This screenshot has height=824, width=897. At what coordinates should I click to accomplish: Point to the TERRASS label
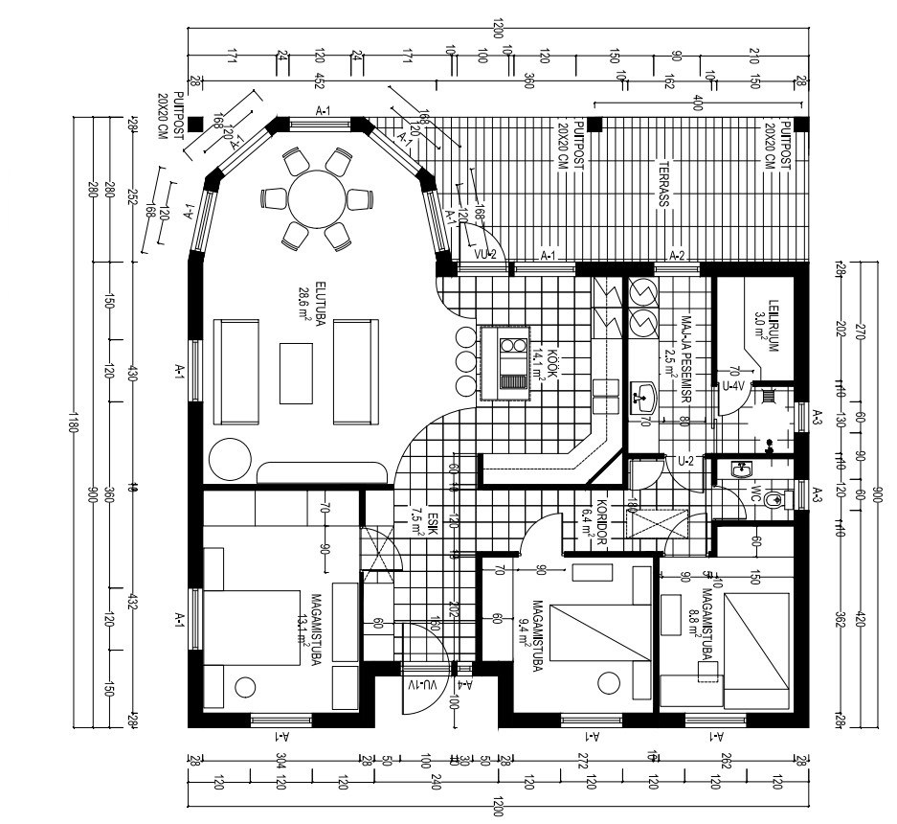[x=662, y=183]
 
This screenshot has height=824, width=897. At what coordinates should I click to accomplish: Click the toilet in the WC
[x=779, y=498]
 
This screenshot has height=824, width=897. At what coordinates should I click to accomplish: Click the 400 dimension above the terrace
[x=698, y=103]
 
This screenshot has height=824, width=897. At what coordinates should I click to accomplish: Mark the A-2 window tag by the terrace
[x=677, y=255]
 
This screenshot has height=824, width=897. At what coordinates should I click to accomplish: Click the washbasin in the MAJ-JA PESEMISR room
[x=646, y=393]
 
